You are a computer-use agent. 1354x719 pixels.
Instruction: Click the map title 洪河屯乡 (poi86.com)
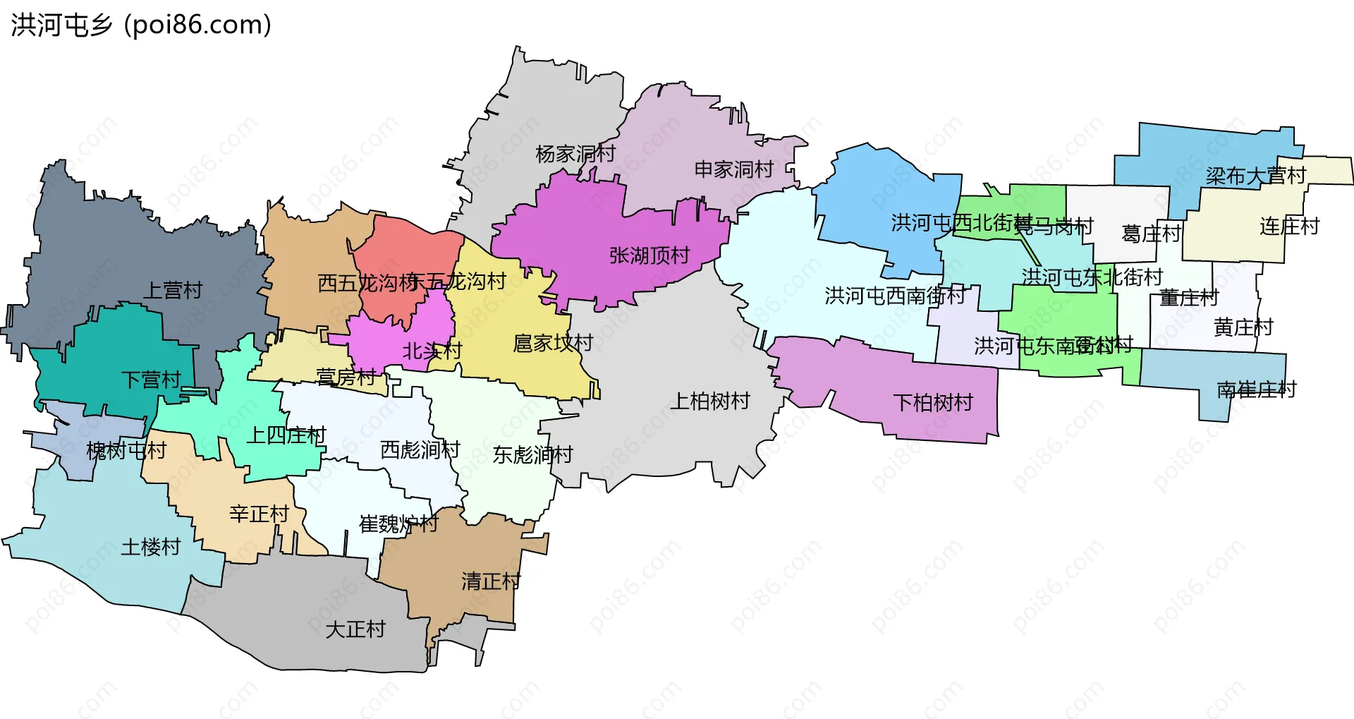point(141,25)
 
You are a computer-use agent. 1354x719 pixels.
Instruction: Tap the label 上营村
point(173,290)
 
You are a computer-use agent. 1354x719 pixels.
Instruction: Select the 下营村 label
point(151,380)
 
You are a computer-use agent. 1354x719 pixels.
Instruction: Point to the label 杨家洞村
point(575,154)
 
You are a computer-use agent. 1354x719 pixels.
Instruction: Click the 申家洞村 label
point(734,169)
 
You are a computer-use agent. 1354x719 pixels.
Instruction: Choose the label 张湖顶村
point(649,255)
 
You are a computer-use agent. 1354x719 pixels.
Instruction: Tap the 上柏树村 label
point(709,401)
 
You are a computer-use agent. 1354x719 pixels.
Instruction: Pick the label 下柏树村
point(932,403)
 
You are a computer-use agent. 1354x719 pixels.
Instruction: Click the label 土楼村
point(150,547)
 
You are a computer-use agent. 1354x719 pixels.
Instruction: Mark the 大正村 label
point(355,629)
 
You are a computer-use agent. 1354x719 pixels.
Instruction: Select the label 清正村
point(491,581)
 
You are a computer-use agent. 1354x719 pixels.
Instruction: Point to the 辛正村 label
point(259,514)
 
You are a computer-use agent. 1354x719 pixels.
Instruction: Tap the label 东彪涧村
point(532,455)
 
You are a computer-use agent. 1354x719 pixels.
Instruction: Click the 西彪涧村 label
point(420,449)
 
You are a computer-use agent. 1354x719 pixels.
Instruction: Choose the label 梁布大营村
point(1255,176)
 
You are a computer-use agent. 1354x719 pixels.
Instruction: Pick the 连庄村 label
point(1289,226)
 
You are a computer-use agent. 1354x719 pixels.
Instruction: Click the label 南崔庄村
point(1256,389)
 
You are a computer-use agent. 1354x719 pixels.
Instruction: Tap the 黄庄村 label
point(1243,327)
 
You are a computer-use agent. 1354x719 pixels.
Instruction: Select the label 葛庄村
point(1151,234)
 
